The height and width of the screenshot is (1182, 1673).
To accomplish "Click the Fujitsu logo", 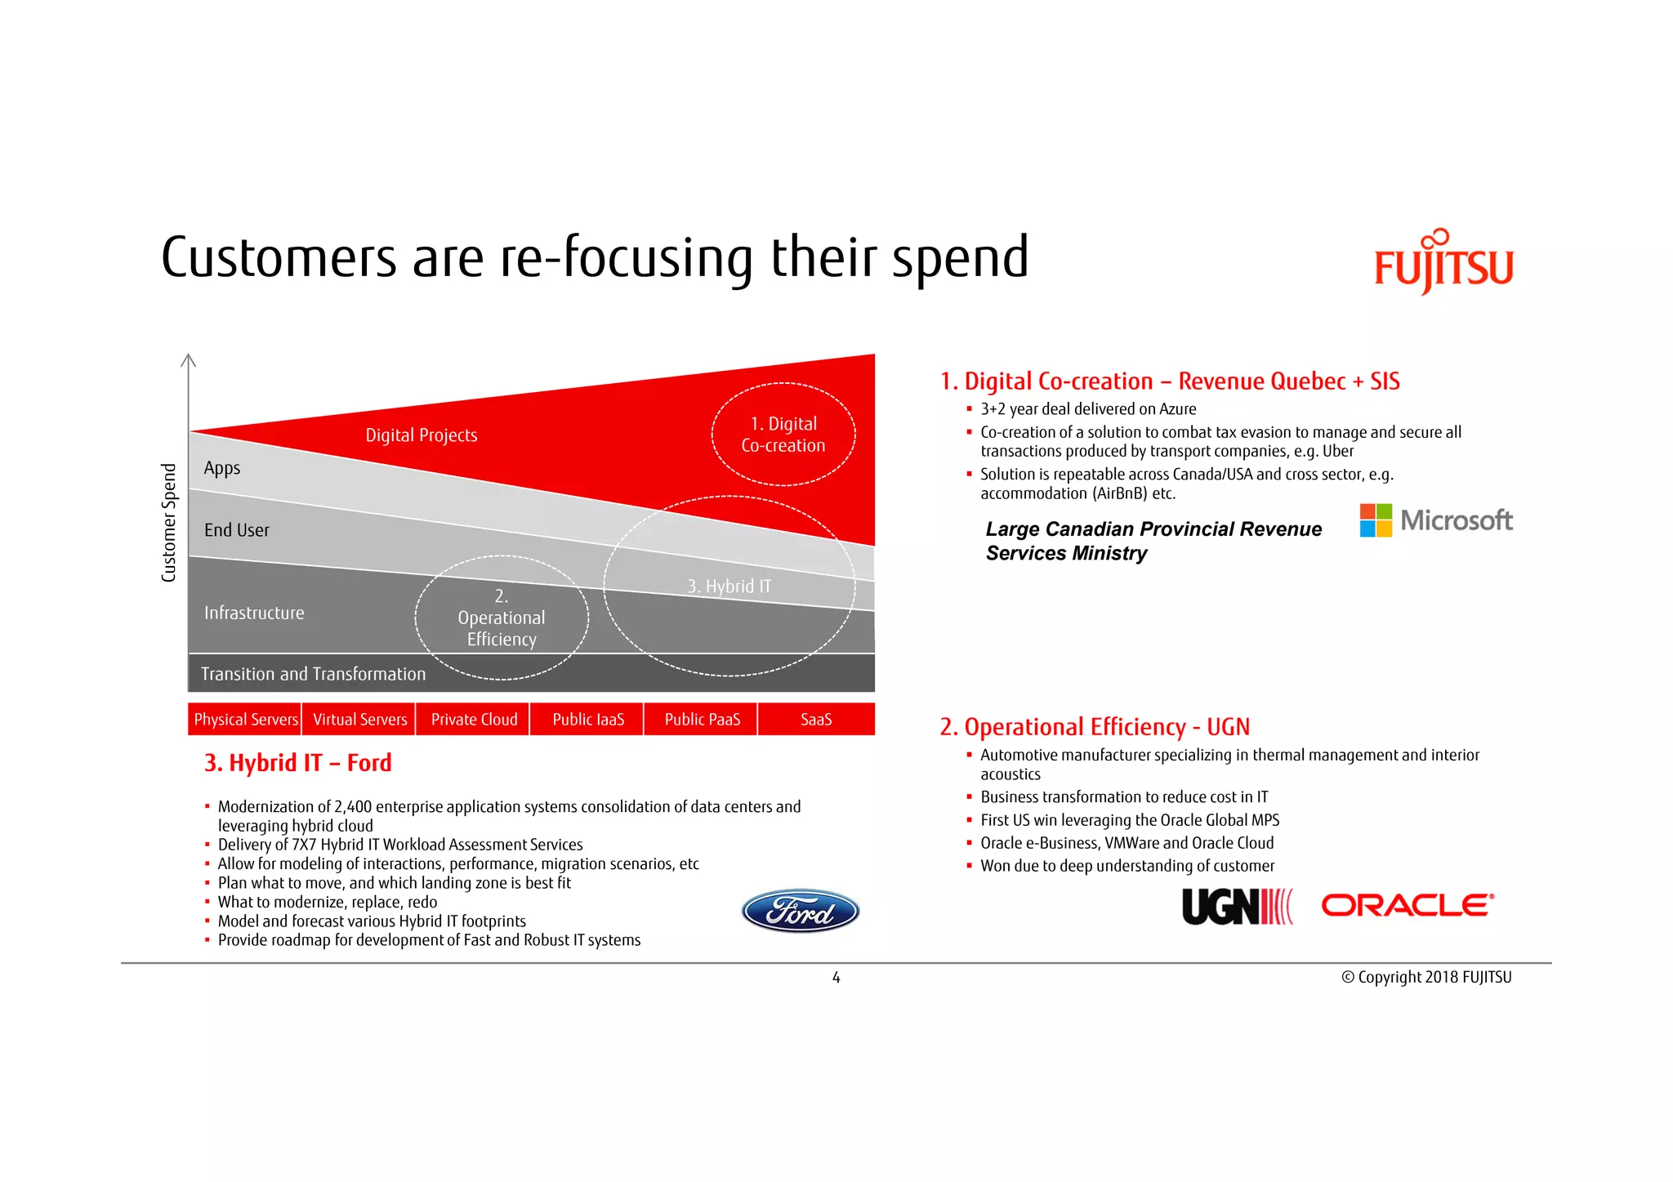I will coord(1443,264).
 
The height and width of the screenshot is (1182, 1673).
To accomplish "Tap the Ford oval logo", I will coord(800,911).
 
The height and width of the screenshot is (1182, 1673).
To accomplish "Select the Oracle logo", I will coord(1408,905).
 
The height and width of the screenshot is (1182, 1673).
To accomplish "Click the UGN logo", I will coord(1236,907).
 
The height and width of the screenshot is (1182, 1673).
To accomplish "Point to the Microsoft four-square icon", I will coord(1376,520).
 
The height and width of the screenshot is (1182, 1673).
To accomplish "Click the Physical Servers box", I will coord(245,720).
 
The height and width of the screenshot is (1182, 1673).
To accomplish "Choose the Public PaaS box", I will coord(702,720).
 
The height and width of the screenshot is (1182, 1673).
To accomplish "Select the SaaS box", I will coord(816,720).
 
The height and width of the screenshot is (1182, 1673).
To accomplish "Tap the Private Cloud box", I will coord(474,720).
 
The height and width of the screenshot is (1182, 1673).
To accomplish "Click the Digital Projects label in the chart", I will coord(421,435).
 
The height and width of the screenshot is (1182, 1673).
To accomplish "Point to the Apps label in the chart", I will coord(222,468).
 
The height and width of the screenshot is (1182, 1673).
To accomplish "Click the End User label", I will coord(236,530).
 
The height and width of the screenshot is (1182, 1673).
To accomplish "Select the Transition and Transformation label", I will coord(313,674).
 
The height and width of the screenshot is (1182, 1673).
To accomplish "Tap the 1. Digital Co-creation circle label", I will coord(783,435).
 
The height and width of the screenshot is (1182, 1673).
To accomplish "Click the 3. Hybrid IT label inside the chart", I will coord(729,587).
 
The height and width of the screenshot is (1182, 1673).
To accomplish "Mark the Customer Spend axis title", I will coord(169,523).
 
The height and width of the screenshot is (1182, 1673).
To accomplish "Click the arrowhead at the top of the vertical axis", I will coord(189,359).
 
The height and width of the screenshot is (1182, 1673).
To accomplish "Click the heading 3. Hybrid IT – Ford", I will coord(298,763).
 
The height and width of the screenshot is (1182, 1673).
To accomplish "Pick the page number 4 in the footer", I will coord(836,978).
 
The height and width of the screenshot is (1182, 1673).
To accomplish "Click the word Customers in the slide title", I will coord(278,257).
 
